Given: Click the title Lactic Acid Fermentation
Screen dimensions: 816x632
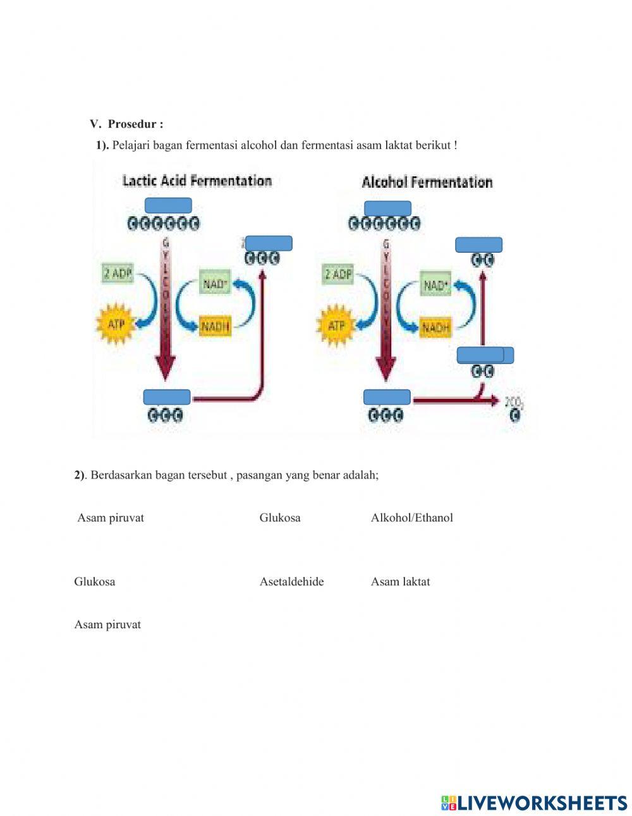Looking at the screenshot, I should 197,181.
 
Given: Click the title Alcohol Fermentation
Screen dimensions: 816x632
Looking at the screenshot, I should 427,183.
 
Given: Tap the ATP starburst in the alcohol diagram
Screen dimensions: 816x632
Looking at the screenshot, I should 336,326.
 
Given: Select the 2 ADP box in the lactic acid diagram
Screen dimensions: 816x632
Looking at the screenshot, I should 118,273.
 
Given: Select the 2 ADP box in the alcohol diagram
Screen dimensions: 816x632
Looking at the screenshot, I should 339,274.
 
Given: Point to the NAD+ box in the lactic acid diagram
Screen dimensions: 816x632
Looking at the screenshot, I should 216,284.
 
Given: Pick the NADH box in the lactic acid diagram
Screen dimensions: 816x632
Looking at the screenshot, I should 216,326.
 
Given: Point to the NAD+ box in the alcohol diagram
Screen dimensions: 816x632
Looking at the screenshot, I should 435,285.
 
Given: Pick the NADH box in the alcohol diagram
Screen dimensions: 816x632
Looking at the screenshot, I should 436,327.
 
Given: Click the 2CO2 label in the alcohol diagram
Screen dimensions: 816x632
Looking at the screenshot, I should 514,402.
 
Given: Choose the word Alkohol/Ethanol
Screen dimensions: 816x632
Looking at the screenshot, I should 411,518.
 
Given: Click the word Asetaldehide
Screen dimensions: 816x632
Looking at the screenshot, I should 291,582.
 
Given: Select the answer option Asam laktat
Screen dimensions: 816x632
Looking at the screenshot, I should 400,582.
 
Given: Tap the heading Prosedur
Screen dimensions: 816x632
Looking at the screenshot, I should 135,124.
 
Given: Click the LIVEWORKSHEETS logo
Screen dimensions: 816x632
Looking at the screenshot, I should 534,803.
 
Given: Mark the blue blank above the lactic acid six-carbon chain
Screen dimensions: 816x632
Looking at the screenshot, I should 168,205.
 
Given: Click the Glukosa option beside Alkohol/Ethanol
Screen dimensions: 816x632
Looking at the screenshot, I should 280,518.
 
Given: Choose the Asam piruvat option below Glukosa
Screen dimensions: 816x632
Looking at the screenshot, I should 107,624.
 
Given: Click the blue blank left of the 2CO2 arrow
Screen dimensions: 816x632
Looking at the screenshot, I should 387,397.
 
